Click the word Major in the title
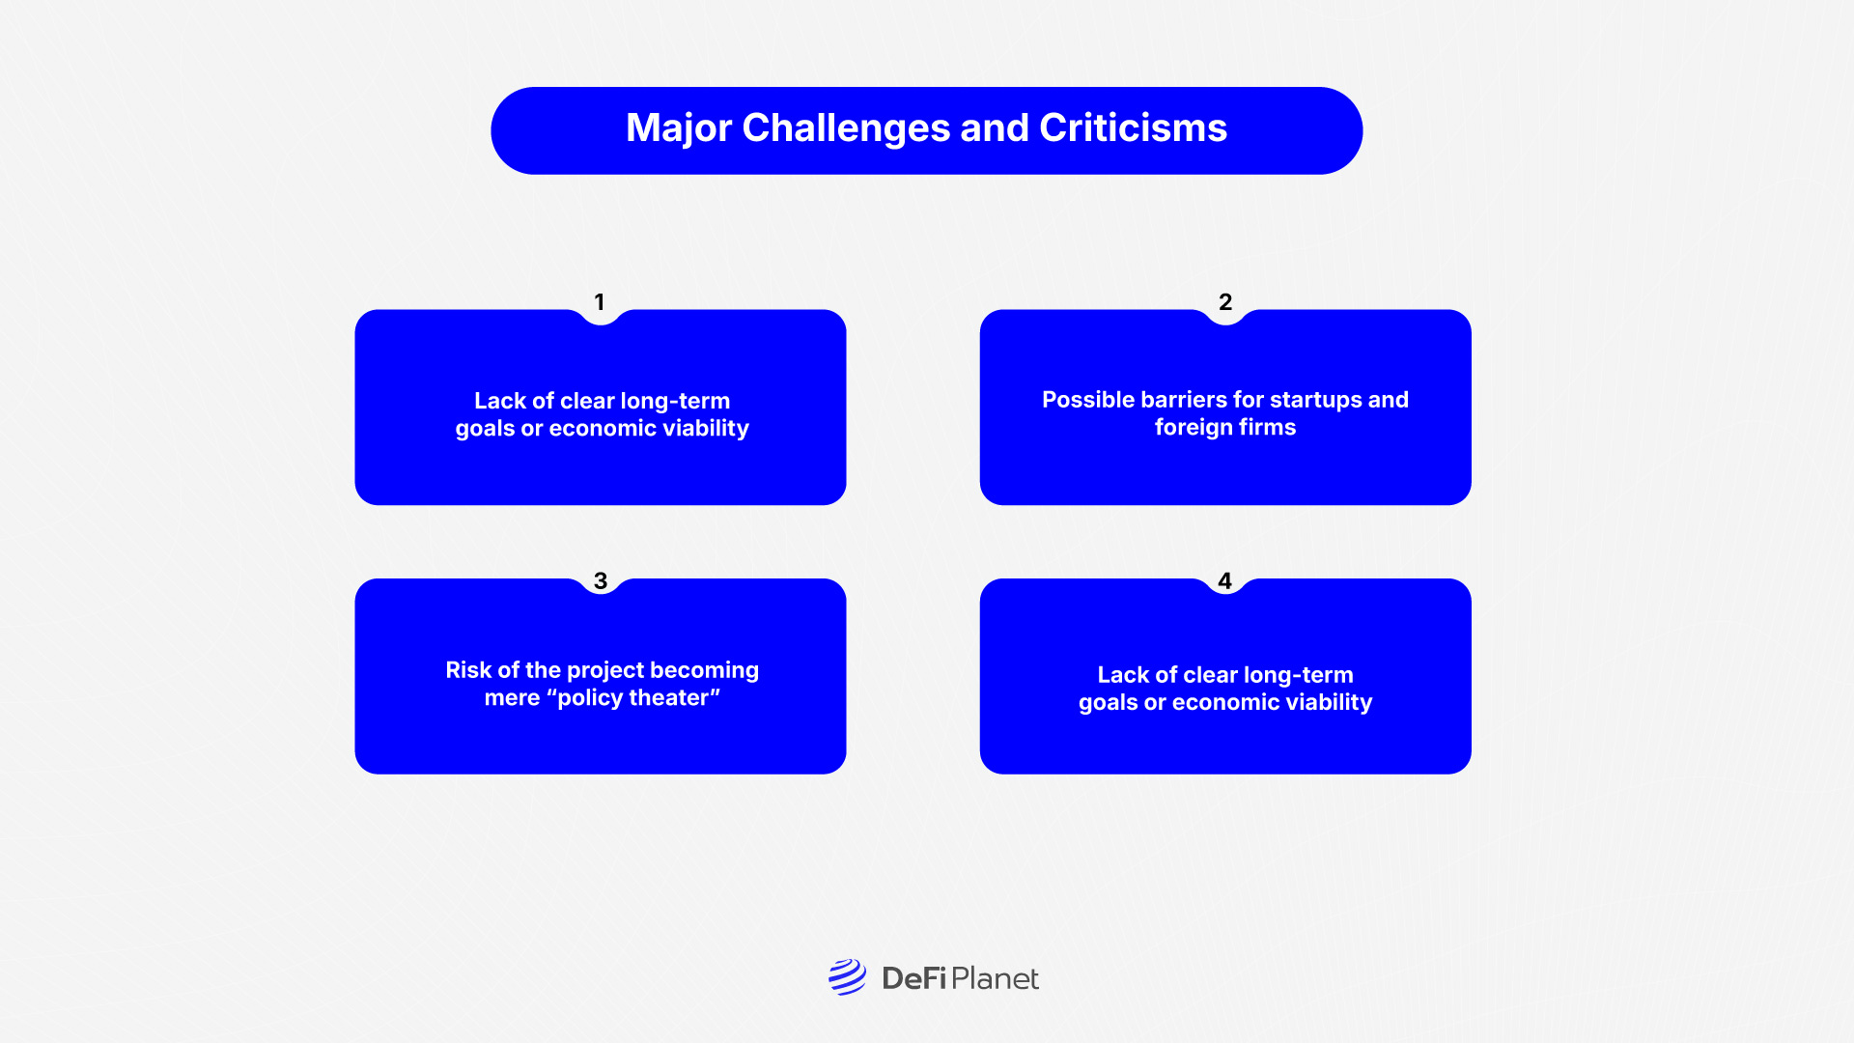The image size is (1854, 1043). tap(679, 128)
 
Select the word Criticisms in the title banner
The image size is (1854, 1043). tap(1133, 128)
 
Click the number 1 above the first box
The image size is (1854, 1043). tap(600, 302)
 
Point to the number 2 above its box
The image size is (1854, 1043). tap(1225, 302)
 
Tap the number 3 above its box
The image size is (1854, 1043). tap(601, 580)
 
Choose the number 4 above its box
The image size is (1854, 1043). tap(1224, 580)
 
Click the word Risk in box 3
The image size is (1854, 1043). tap(468, 670)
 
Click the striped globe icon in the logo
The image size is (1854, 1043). tap(847, 977)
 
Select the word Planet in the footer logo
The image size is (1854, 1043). tap(995, 979)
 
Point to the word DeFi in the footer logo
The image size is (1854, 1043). tap(913, 979)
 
